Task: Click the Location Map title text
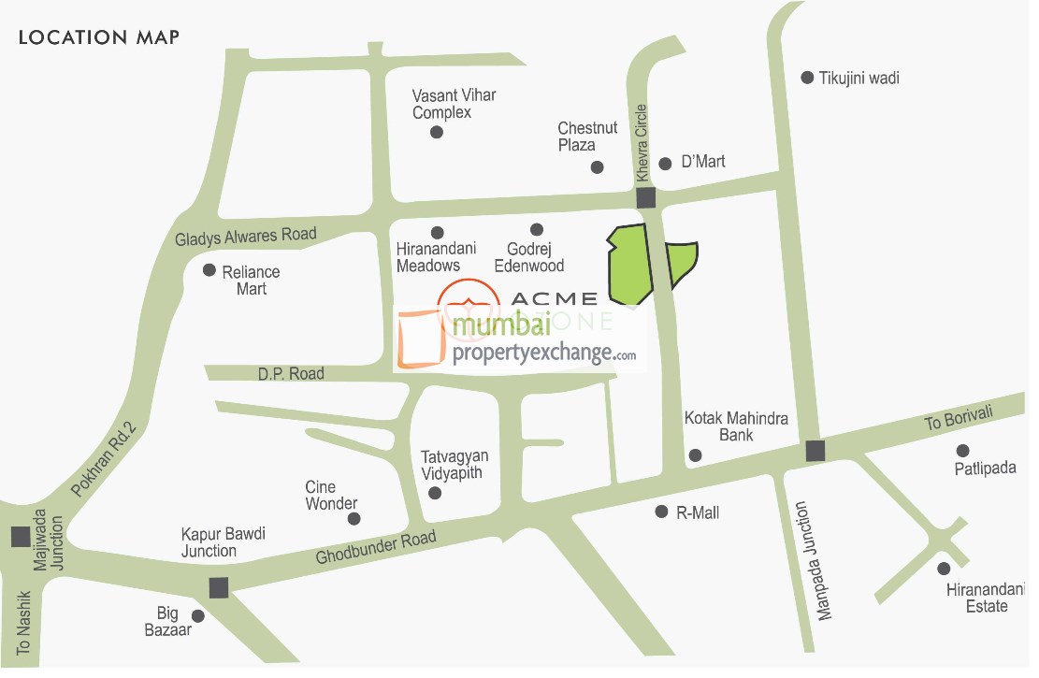[x=99, y=38]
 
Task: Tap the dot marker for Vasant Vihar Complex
[x=436, y=133]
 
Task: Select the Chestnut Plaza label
[x=587, y=137]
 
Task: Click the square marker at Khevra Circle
[x=645, y=198]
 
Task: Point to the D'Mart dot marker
[x=665, y=164]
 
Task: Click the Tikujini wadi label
[x=859, y=79]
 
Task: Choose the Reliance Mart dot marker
[x=209, y=270]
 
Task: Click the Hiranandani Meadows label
[x=436, y=257]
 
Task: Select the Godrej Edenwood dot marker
[x=537, y=230]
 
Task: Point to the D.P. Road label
[x=291, y=374]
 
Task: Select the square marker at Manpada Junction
[x=815, y=452]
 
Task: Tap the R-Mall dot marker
[x=660, y=512]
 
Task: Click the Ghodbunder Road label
[x=376, y=548]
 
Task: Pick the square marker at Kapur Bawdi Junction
[x=219, y=587]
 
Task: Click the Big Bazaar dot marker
[x=197, y=616]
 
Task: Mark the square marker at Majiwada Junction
[x=20, y=537]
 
